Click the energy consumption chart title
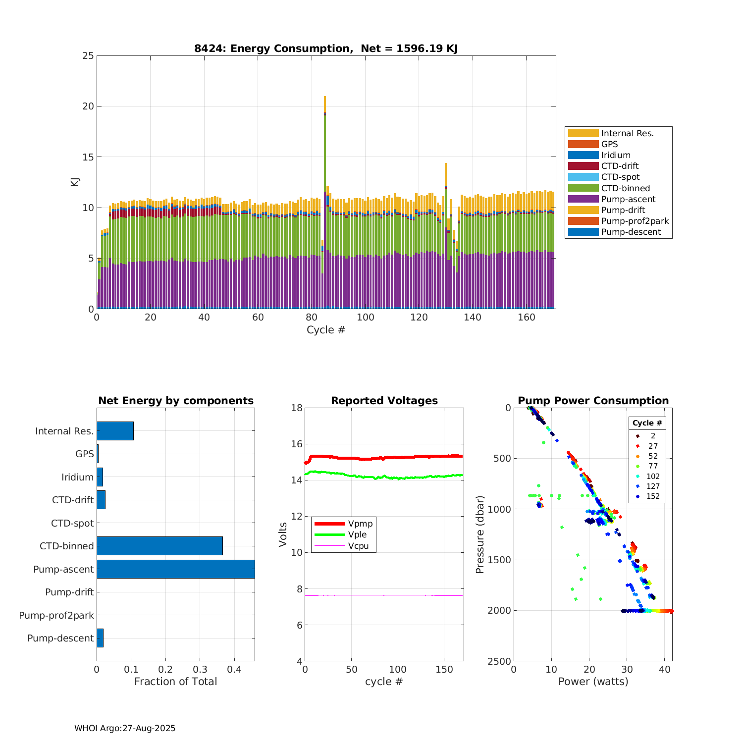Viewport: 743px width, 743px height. point(326,48)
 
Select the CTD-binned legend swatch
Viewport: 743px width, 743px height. point(583,188)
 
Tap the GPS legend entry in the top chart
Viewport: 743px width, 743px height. point(609,144)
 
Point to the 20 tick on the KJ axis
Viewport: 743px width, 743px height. point(88,106)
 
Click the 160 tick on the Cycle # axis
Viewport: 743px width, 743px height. point(526,318)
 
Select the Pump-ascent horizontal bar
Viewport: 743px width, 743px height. point(175,569)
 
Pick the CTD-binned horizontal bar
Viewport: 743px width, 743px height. point(159,546)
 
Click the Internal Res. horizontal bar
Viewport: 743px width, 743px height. point(115,431)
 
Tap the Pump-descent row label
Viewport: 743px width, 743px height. point(60,638)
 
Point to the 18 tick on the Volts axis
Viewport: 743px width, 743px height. point(297,408)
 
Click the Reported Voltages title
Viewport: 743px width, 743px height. point(384,401)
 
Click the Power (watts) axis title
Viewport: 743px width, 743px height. point(593,682)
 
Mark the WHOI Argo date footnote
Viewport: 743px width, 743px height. point(125,728)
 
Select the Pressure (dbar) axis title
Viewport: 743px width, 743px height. point(479,534)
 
